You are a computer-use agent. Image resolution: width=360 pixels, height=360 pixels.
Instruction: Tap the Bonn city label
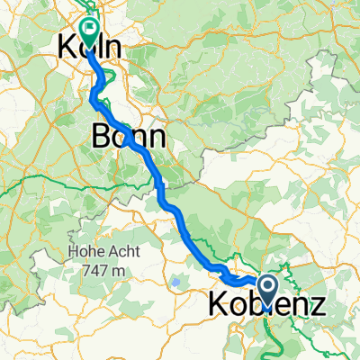click(x=129, y=137)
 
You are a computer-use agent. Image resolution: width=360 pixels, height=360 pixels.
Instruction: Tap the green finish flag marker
click(x=89, y=29)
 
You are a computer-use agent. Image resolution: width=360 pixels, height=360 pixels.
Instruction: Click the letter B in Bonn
click(x=102, y=137)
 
